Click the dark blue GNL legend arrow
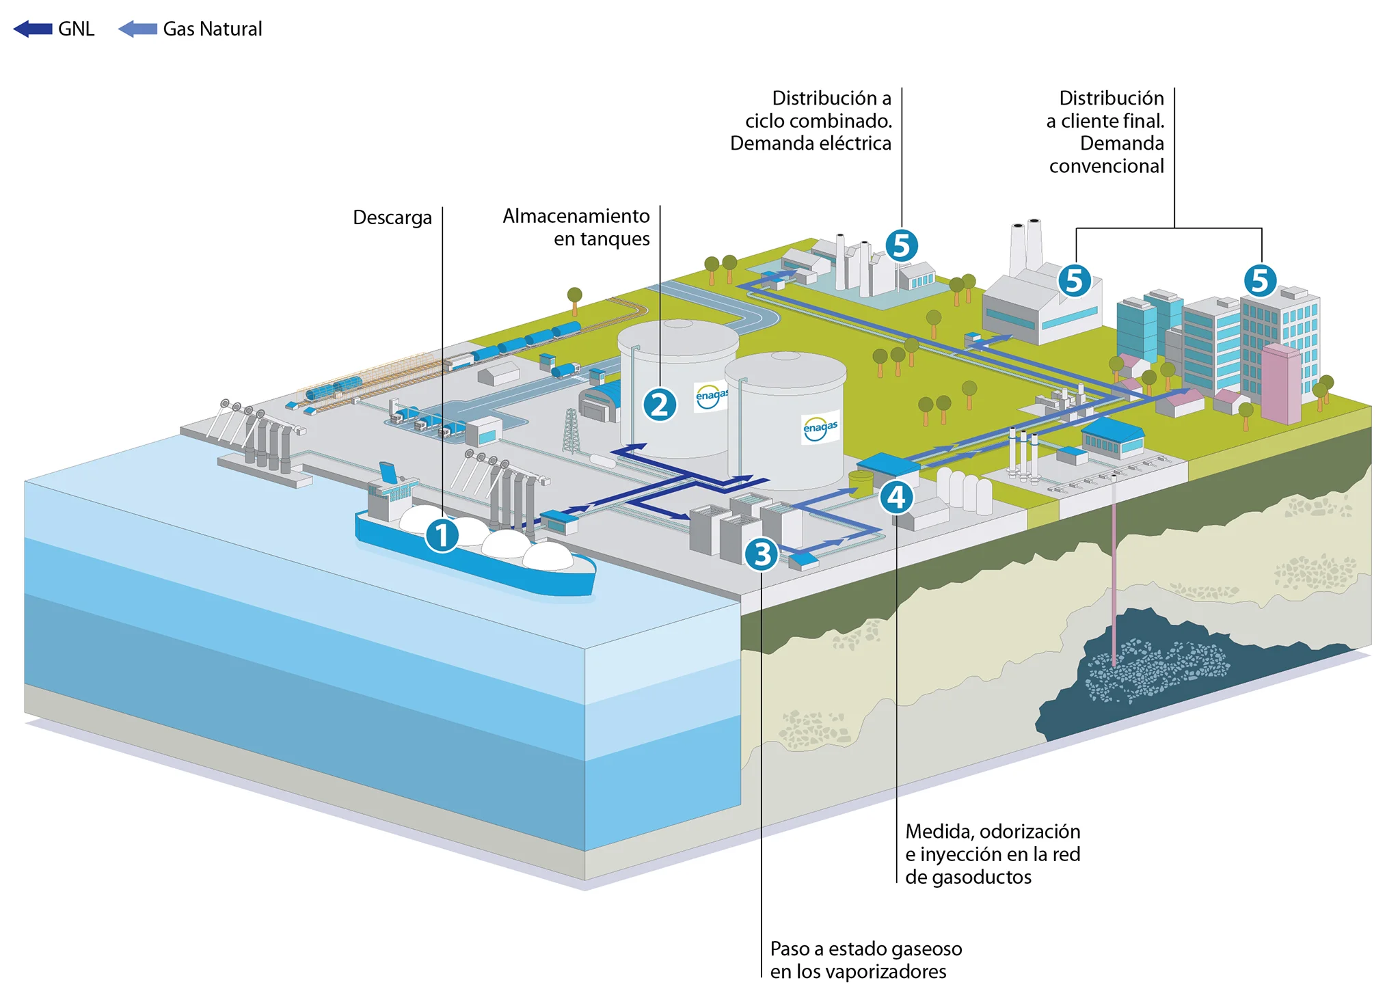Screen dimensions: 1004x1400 pyautogui.click(x=33, y=29)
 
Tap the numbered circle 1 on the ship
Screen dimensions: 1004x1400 pyautogui.click(x=442, y=534)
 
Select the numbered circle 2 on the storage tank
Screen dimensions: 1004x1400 pyautogui.click(x=660, y=405)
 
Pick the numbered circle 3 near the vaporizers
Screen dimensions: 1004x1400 pyautogui.click(x=762, y=554)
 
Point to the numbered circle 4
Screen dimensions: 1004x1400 pyautogui.click(x=896, y=497)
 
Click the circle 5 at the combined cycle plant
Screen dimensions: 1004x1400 pyautogui.click(x=902, y=245)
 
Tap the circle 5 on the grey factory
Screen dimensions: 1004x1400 pyautogui.click(x=1074, y=280)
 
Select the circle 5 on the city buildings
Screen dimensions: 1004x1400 pyautogui.click(x=1260, y=280)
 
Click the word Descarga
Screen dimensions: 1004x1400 pyautogui.click(x=392, y=217)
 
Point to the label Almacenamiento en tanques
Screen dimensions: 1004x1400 pyautogui.click(x=576, y=227)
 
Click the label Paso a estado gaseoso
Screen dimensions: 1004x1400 pyautogui.click(x=865, y=949)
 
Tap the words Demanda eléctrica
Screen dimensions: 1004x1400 pyautogui.click(x=811, y=144)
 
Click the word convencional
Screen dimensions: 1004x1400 pyautogui.click(x=1106, y=166)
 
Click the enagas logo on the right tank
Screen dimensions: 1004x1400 pyautogui.click(x=820, y=428)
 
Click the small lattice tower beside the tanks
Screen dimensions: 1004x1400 pyautogui.click(x=571, y=431)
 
